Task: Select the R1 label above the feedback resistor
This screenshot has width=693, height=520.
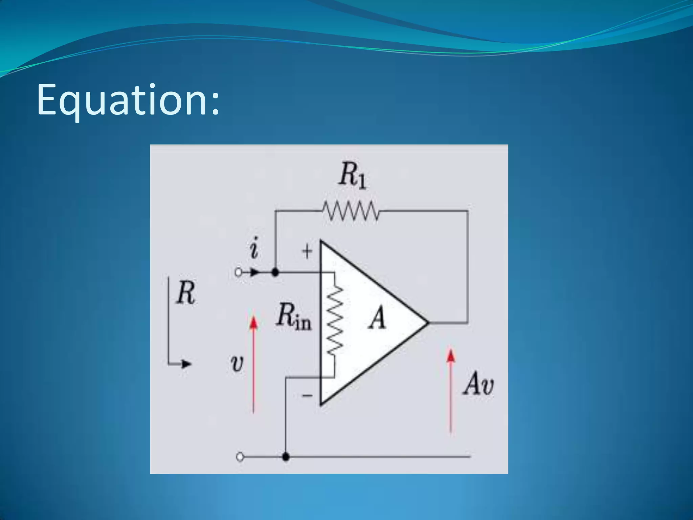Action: tap(353, 175)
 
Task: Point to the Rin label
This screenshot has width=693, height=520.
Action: tap(293, 317)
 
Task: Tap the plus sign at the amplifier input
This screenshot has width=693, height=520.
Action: tap(307, 252)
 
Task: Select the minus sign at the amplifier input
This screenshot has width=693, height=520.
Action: tap(307, 395)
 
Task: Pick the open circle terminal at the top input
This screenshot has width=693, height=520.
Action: tap(238, 272)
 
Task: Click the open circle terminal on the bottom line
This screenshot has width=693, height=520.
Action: tap(240, 457)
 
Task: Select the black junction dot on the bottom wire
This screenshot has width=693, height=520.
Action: tap(286, 457)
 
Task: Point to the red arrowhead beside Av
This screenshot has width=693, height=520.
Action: tap(450, 356)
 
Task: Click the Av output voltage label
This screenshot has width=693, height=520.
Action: tap(478, 384)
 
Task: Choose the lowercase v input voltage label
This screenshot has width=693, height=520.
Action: tap(237, 364)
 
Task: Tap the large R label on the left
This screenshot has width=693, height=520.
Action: tap(186, 293)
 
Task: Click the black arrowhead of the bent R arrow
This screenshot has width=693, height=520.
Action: tap(186, 364)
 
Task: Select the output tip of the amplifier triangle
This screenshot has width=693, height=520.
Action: tap(428, 323)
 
